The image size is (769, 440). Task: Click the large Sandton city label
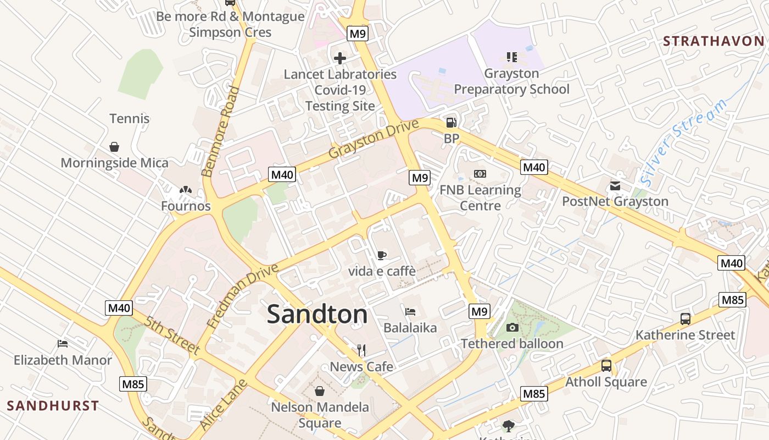pos(317,315)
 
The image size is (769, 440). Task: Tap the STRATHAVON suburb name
pos(713,41)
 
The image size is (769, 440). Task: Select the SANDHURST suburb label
pos(53,406)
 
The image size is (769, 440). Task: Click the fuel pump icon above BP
pos(451,123)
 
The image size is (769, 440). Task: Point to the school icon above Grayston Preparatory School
pos(511,57)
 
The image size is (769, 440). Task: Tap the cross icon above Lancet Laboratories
pos(340,58)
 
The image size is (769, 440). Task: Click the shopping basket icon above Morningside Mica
pos(114,147)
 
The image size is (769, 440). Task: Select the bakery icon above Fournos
pos(186,190)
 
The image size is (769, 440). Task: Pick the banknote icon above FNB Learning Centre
pos(480,174)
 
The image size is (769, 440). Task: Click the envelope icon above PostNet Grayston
pos(615,185)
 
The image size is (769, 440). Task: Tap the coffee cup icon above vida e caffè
pos(382,255)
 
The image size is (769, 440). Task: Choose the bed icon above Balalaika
pos(410,312)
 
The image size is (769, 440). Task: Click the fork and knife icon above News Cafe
pos(361,350)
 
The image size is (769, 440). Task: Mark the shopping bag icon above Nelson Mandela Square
pos(320,391)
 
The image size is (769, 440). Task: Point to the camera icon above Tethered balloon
pos(512,328)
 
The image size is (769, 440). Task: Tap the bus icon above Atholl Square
pos(606,366)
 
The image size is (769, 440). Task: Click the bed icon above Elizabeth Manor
pos(63,344)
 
